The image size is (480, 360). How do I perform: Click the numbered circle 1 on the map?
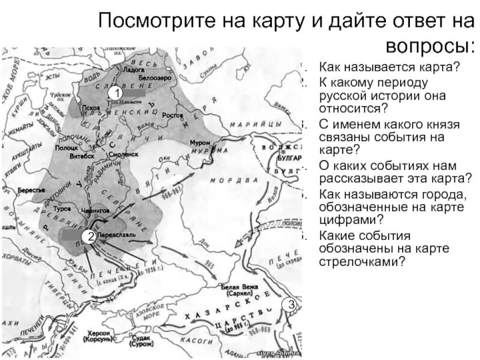click(x=118, y=94)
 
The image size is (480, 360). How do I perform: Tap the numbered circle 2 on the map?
click(x=89, y=236)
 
